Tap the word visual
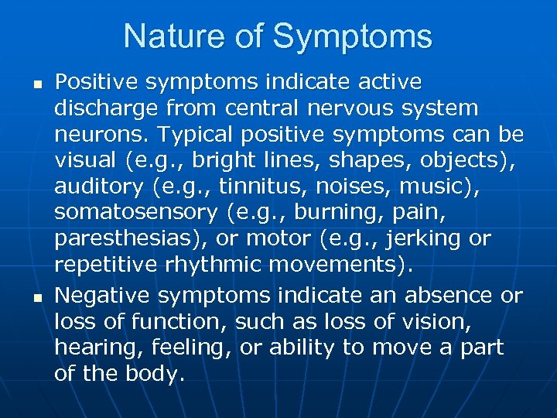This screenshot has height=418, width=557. click(83, 161)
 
